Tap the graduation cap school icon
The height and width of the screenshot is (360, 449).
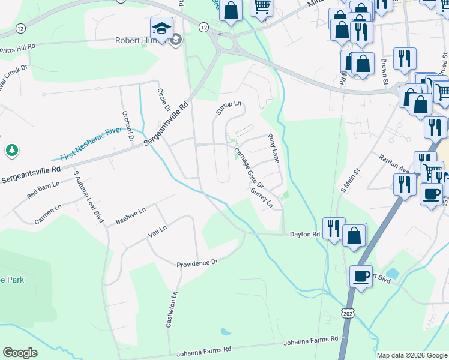161,28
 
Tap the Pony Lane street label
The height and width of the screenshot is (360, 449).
274,149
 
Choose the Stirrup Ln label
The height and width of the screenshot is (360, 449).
228,108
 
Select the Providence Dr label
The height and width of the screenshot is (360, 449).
197,263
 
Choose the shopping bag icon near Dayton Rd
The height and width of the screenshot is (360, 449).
354,235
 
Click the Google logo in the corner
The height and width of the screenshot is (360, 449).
20,353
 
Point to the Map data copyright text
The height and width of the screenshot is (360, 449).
411,355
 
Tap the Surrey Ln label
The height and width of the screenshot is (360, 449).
262,198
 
